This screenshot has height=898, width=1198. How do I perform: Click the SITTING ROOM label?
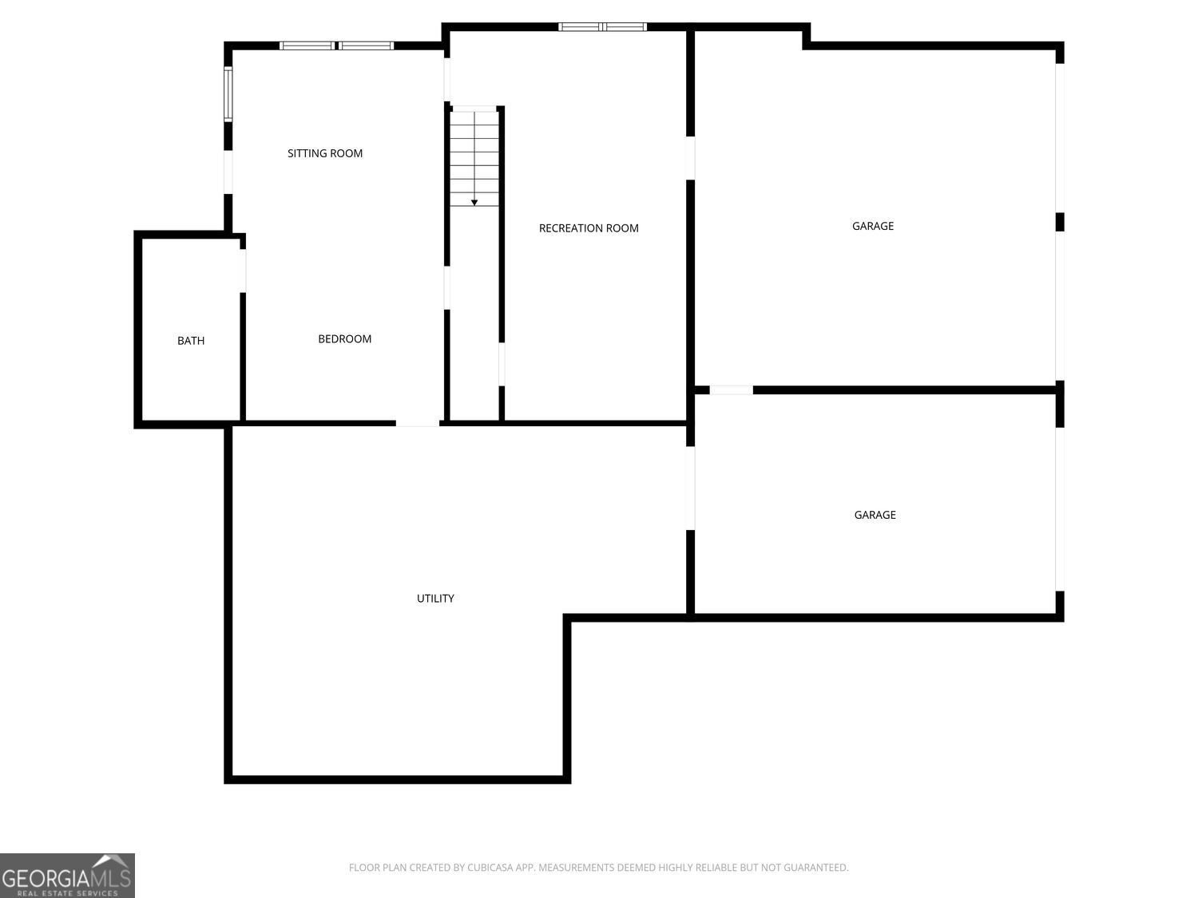point(325,154)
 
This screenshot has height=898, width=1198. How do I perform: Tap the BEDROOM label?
point(344,339)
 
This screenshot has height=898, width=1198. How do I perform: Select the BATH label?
point(190,341)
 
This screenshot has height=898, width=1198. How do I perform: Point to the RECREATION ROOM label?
point(589,228)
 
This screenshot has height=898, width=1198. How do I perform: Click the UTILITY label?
point(435,599)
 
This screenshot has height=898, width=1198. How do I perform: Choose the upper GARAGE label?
point(873,226)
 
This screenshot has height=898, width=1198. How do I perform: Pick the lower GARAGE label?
point(875,515)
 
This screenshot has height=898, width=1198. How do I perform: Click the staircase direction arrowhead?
point(474,203)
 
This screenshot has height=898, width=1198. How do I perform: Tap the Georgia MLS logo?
point(67,876)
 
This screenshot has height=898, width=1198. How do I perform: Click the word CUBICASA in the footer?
point(490,868)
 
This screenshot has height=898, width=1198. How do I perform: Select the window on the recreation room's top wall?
point(602,26)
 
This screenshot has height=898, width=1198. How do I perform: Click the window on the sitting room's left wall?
point(228,93)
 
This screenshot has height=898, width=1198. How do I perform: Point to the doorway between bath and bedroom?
point(243,271)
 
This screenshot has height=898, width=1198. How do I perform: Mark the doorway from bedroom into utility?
point(418,423)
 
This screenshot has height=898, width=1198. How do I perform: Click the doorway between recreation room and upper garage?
point(690,158)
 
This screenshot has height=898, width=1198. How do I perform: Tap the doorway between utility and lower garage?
point(690,488)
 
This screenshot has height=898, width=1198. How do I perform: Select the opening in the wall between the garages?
point(732,390)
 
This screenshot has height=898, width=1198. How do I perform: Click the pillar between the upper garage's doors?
point(1060,223)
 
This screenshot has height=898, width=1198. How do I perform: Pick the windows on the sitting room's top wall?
point(337,45)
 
